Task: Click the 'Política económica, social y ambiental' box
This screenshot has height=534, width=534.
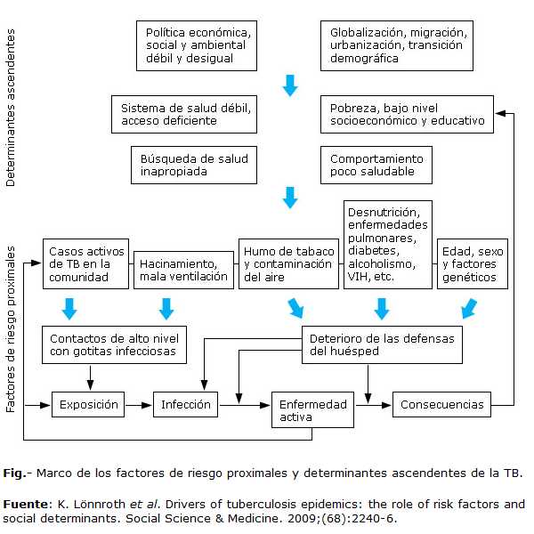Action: (x=198, y=44)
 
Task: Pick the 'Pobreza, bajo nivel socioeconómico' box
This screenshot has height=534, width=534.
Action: (x=407, y=114)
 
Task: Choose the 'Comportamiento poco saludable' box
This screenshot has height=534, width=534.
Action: (x=377, y=166)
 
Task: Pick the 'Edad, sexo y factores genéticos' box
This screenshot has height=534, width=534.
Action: (x=472, y=264)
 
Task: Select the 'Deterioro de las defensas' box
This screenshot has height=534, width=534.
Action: (x=382, y=344)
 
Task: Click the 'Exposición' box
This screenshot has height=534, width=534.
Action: (x=89, y=405)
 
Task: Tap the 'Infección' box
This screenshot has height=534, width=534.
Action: (x=186, y=405)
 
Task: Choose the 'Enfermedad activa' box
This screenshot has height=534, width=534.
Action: (x=313, y=410)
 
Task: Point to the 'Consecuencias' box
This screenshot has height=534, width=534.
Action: (x=441, y=405)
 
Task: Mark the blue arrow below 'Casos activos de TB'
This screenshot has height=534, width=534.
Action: (x=70, y=309)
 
